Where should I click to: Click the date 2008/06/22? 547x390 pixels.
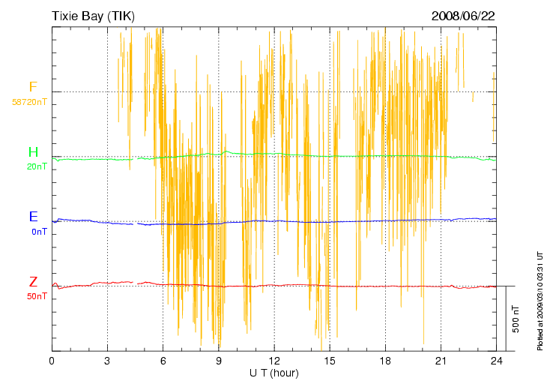coord(463,15)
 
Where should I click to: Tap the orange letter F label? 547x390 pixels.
coord(32,87)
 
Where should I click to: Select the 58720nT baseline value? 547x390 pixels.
coord(30,101)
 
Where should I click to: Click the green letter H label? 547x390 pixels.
coord(32,152)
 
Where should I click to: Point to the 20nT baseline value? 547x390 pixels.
coord(37,166)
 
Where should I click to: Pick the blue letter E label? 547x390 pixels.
coord(33,217)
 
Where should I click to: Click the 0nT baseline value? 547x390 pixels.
coord(39,232)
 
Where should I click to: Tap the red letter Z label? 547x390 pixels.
coord(33,282)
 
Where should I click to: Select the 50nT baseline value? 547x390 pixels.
coord(37,297)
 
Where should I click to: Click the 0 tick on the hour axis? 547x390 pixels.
coord(52,361)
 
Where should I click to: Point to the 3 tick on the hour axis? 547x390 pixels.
coord(107,361)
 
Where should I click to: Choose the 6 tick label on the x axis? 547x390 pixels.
coord(163,361)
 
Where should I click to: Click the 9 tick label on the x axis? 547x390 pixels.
coord(218,361)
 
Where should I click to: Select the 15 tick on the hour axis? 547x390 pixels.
coord(329,361)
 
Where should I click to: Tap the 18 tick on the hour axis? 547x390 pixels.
coord(384,361)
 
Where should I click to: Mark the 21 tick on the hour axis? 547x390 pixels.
coord(440,361)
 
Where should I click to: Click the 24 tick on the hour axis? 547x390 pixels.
coord(495,361)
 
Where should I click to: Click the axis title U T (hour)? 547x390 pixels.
coord(273,373)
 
